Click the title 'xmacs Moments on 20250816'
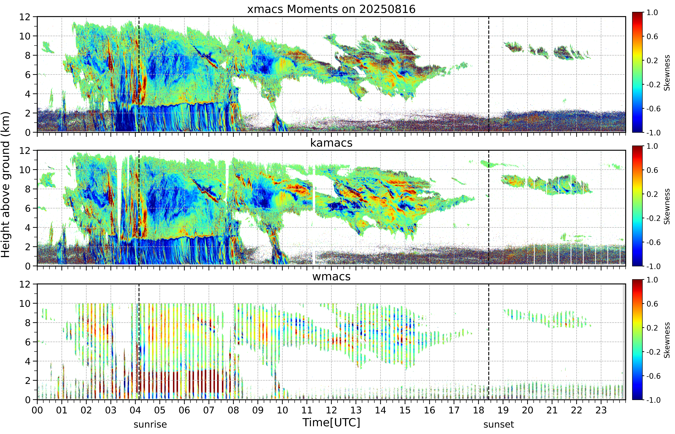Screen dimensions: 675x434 pyautogui.click(x=331, y=9)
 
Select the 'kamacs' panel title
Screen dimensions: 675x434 pyautogui.click(x=331, y=143)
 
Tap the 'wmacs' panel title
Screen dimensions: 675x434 pyautogui.click(x=331, y=277)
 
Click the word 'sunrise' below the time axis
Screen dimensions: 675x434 pyautogui.click(x=150, y=424)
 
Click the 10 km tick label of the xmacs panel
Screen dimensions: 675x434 pyautogui.click(x=25, y=36)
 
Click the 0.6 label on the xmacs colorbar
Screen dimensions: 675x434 pyautogui.click(x=652, y=36)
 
